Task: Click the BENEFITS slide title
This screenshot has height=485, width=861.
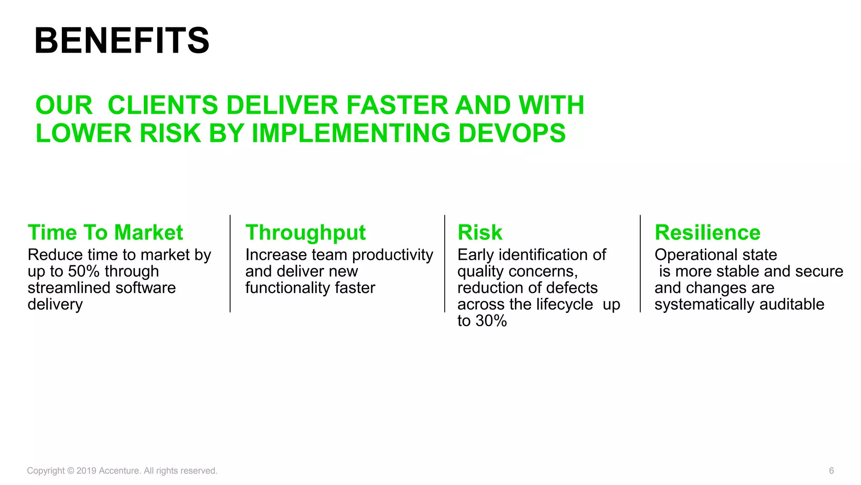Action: (x=121, y=41)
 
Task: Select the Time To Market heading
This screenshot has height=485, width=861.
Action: (x=105, y=232)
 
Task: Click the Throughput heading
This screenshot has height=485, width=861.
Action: (x=305, y=232)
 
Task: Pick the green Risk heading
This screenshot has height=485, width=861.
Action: (x=480, y=232)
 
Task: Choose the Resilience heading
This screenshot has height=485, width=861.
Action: (x=708, y=232)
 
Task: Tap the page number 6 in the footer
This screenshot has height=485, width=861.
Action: (x=831, y=471)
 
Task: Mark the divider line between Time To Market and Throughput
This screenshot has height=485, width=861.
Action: (x=230, y=264)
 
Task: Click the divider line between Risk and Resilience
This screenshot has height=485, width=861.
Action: (x=640, y=264)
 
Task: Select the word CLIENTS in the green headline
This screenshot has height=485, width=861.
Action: (x=163, y=105)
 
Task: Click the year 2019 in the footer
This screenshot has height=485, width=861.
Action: (x=86, y=471)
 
